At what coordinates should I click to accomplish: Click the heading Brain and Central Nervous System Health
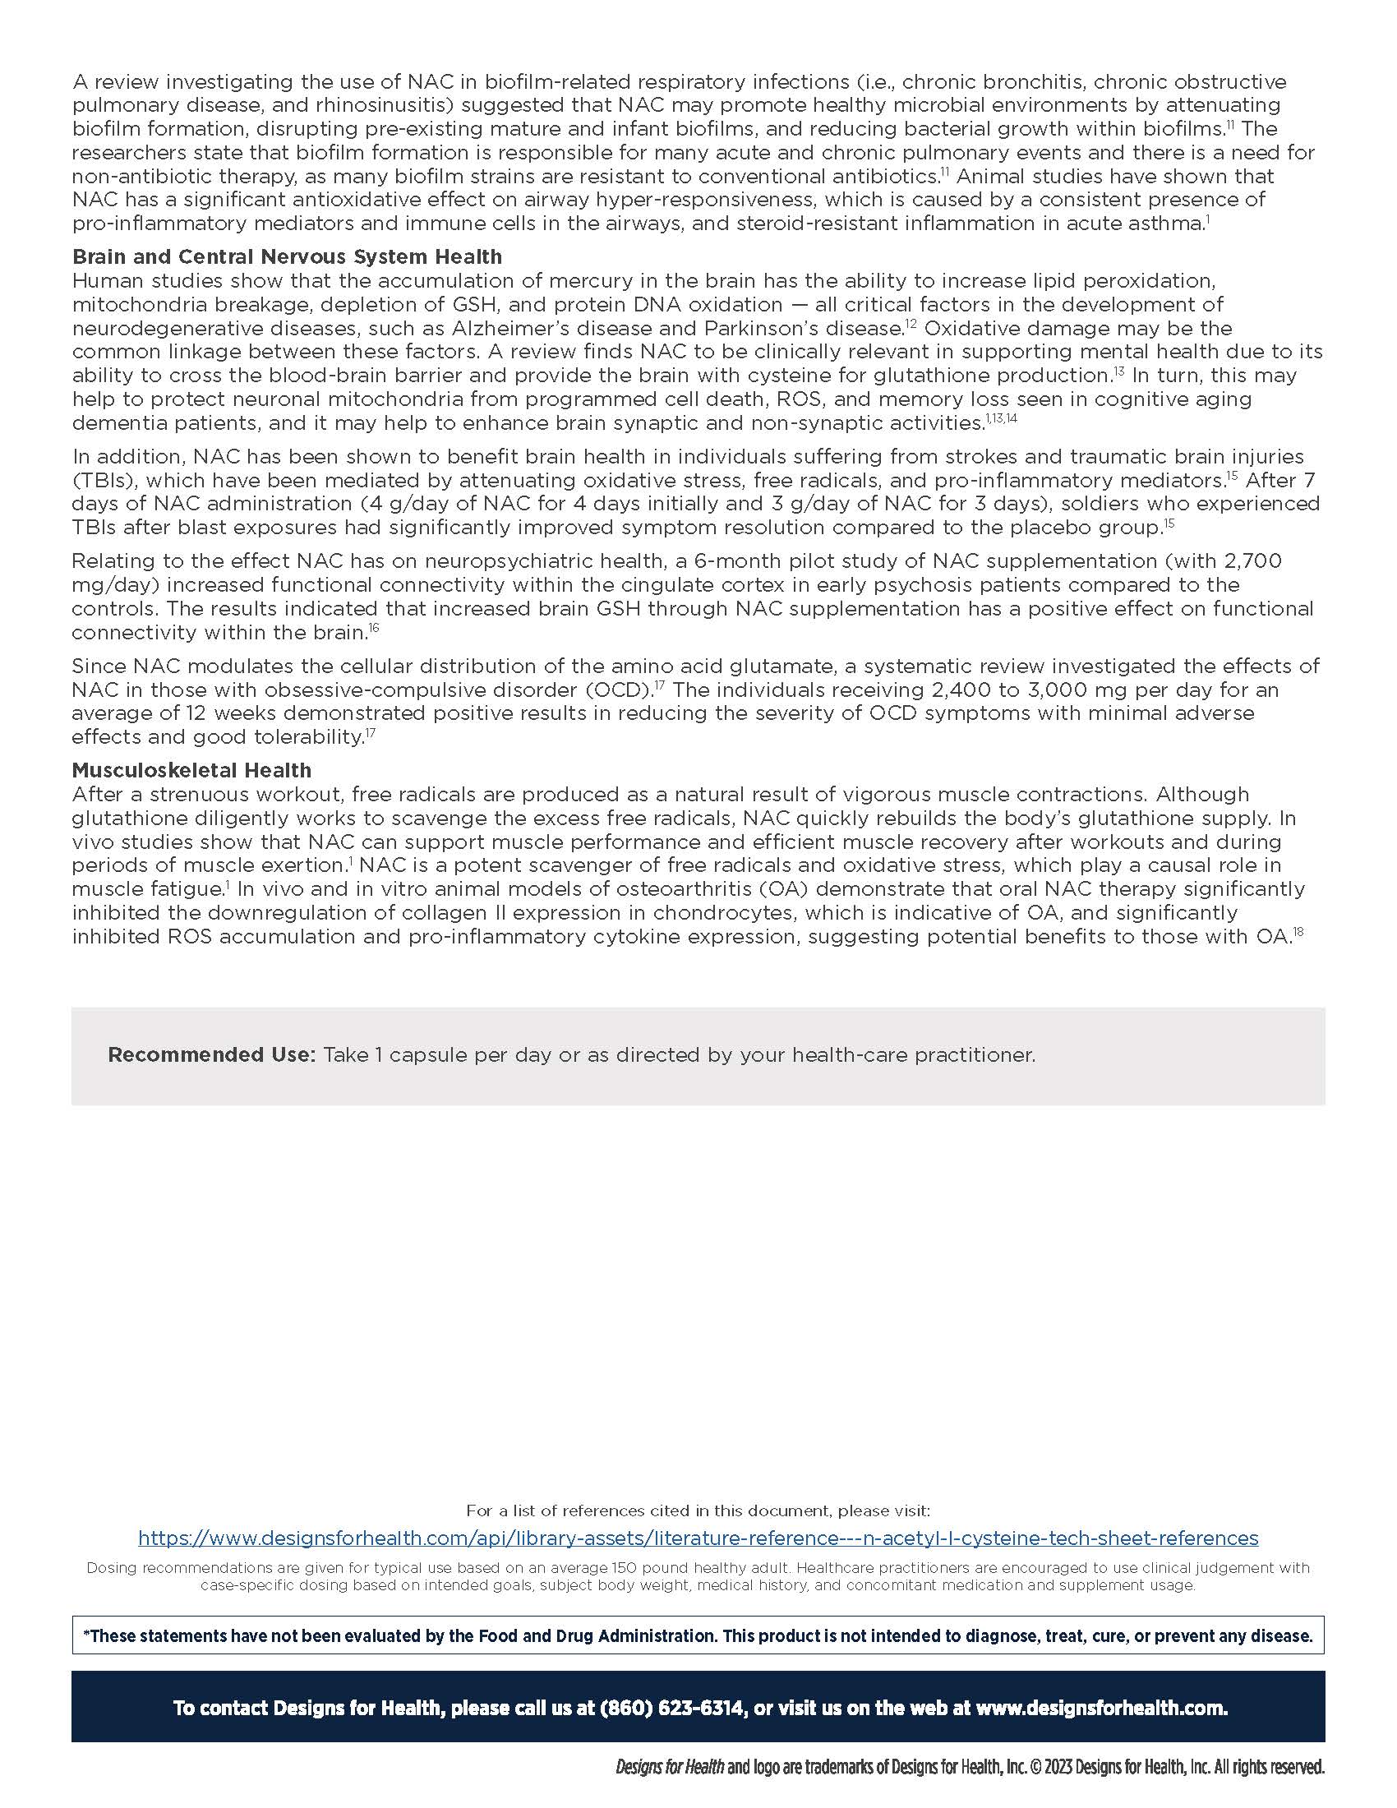[x=286, y=256]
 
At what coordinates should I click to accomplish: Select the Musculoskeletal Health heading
[x=191, y=770]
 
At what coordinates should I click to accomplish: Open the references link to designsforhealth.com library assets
[x=698, y=1538]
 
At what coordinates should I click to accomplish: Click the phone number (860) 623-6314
[x=671, y=1708]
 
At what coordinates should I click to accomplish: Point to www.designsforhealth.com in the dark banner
[x=1100, y=1708]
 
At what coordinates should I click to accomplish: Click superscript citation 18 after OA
[x=1298, y=932]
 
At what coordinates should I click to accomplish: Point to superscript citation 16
[x=374, y=629]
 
